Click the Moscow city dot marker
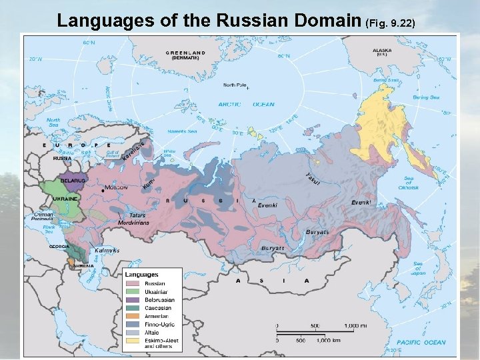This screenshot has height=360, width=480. point(101,190)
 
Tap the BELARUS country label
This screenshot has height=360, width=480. point(72,181)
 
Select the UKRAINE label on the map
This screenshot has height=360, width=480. point(67,199)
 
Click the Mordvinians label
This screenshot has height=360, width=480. point(126,221)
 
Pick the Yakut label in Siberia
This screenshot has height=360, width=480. point(313,179)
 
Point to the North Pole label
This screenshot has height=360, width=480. point(235,85)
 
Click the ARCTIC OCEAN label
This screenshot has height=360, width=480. point(246,104)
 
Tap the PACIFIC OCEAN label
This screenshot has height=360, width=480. point(426,342)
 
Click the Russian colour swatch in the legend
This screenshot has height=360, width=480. point(131,283)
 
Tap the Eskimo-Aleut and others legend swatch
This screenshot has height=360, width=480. point(131,340)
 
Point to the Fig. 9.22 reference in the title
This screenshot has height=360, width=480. point(392,23)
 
